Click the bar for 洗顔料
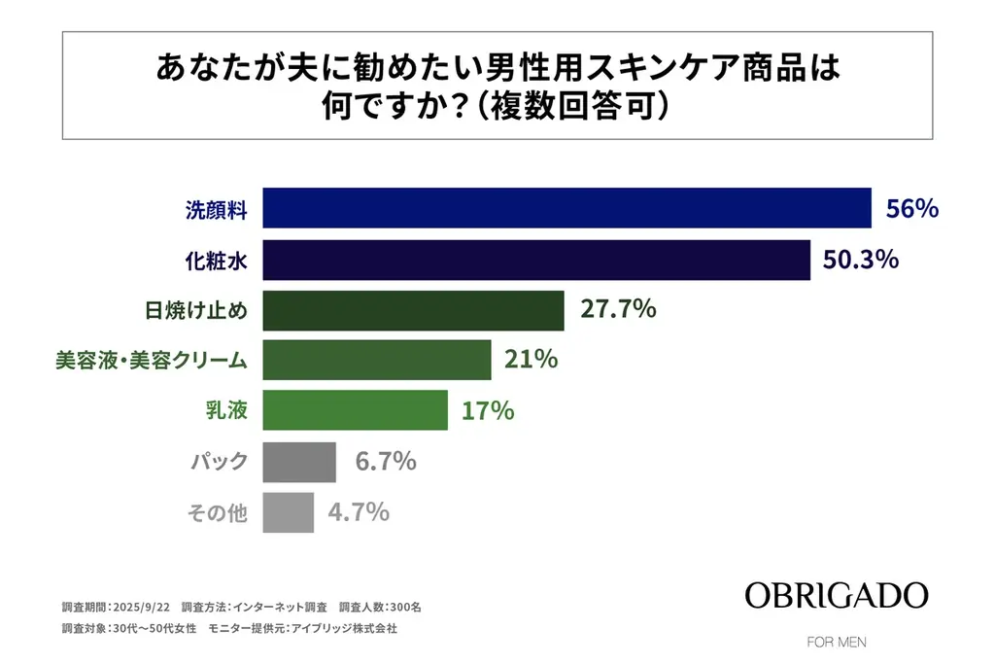(567, 208)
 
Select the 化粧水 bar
(536, 260)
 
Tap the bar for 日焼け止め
(414, 310)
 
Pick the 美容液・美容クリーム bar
(377, 360)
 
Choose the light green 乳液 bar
(356, 410)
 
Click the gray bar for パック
(299, 461)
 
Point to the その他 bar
(289, 511)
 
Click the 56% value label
(911, 208)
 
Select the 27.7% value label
(618, 310)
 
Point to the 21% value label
(531, 360)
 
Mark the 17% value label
(488, 410)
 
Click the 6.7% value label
(386, 461)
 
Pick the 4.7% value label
(359, 511)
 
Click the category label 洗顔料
(217, 208)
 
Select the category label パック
(218, 461)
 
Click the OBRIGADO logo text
(837, 595)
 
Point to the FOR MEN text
(837, 642)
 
